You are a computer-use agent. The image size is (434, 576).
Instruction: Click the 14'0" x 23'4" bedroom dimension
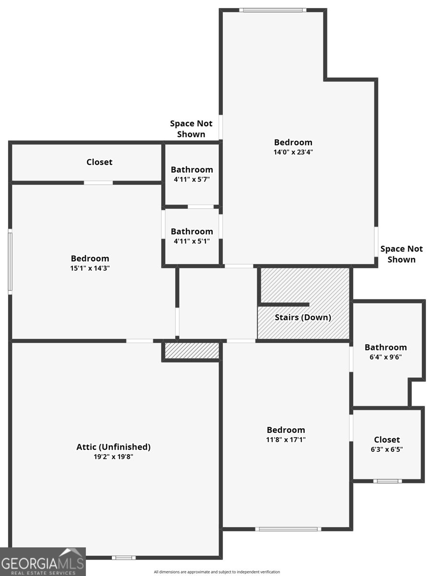tap(293, 152)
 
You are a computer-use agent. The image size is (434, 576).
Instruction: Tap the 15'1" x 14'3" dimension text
tap(90, 268)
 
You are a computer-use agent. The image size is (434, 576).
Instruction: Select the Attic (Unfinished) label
tap(113, 447)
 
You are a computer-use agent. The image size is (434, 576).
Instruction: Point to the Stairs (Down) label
tap(303, 318)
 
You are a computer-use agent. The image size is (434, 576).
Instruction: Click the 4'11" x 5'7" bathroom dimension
tap(192, 180)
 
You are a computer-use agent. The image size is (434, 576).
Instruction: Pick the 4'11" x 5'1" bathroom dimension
tap(192, 241)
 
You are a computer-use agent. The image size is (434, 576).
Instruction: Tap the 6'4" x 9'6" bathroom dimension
tap(386, 357)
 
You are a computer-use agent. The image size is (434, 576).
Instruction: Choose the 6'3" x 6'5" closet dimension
tap(387, 449)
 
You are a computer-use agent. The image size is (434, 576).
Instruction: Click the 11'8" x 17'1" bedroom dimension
tap(286, 440)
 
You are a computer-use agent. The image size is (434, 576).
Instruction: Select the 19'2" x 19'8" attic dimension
tap(113, 456)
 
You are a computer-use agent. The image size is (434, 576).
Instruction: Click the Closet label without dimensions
tap(99, 162)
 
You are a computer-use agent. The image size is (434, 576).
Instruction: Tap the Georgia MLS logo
tap(43, 561)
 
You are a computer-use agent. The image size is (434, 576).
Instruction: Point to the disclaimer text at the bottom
tap(217, 572)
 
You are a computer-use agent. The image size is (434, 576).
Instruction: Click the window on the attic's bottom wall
tap(124, 558)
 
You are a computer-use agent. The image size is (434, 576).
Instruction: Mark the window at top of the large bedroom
tap(273, 10)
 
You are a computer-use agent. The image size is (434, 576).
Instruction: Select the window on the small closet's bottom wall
tap(387, 481)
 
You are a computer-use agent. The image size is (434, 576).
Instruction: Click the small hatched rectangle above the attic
tap(192, 350)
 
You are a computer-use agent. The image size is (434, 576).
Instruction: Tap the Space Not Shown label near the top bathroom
tap(191, 129)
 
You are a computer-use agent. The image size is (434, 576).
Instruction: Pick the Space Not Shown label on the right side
tap(401, 254)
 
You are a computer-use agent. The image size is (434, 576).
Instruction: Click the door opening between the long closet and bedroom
tap(98, 183)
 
